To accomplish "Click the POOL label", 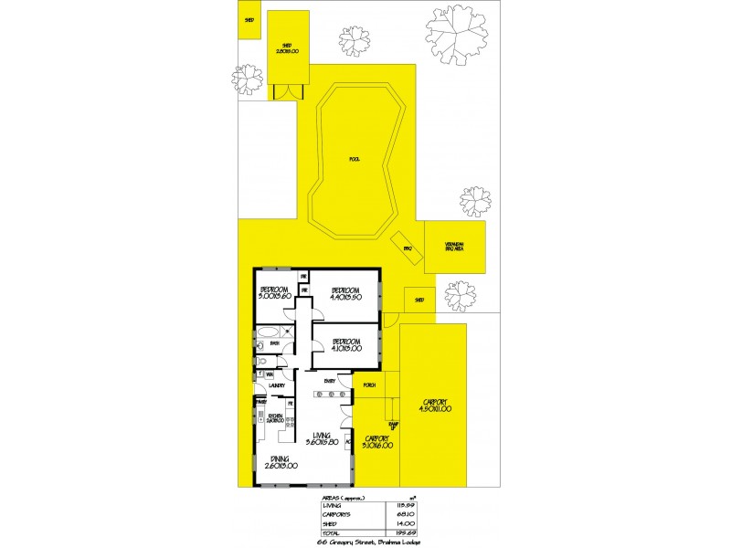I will coord(355,159).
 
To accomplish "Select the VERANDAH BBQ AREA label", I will coord(455,246).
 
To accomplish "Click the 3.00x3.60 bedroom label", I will coord(273,293).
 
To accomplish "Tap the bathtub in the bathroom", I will coord(270,332).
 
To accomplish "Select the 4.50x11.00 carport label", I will coord(433,406).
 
